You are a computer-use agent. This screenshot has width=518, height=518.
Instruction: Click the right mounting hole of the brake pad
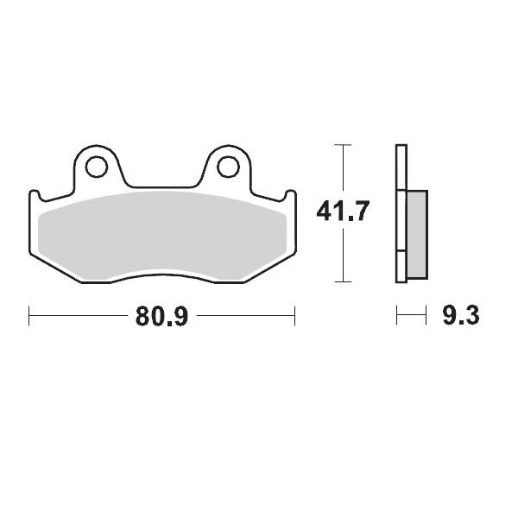click(229, 163)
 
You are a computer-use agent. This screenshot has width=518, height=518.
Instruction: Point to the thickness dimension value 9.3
click(460, 316)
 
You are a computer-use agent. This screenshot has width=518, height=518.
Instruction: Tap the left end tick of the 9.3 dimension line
click(397, 316)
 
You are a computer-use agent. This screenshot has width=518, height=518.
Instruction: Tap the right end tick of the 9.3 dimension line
click(426, 316)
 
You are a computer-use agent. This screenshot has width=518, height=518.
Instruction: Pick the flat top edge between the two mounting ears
click(163, 186)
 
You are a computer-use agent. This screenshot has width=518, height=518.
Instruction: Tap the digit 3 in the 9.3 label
click(471, 316)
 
